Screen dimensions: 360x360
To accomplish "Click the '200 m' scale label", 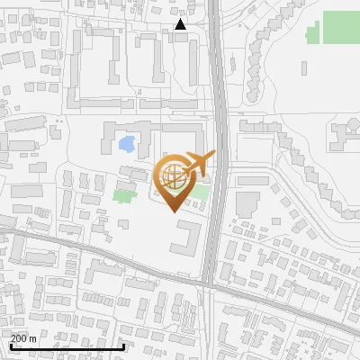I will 24,338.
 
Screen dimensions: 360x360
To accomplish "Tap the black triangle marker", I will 181,24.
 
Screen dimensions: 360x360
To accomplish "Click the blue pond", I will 128,143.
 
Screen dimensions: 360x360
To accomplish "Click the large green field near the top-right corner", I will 341,27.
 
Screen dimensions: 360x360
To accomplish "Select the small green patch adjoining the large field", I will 312,35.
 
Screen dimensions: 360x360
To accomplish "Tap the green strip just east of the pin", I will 202,191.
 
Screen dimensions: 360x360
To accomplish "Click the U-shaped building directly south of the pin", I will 186,240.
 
